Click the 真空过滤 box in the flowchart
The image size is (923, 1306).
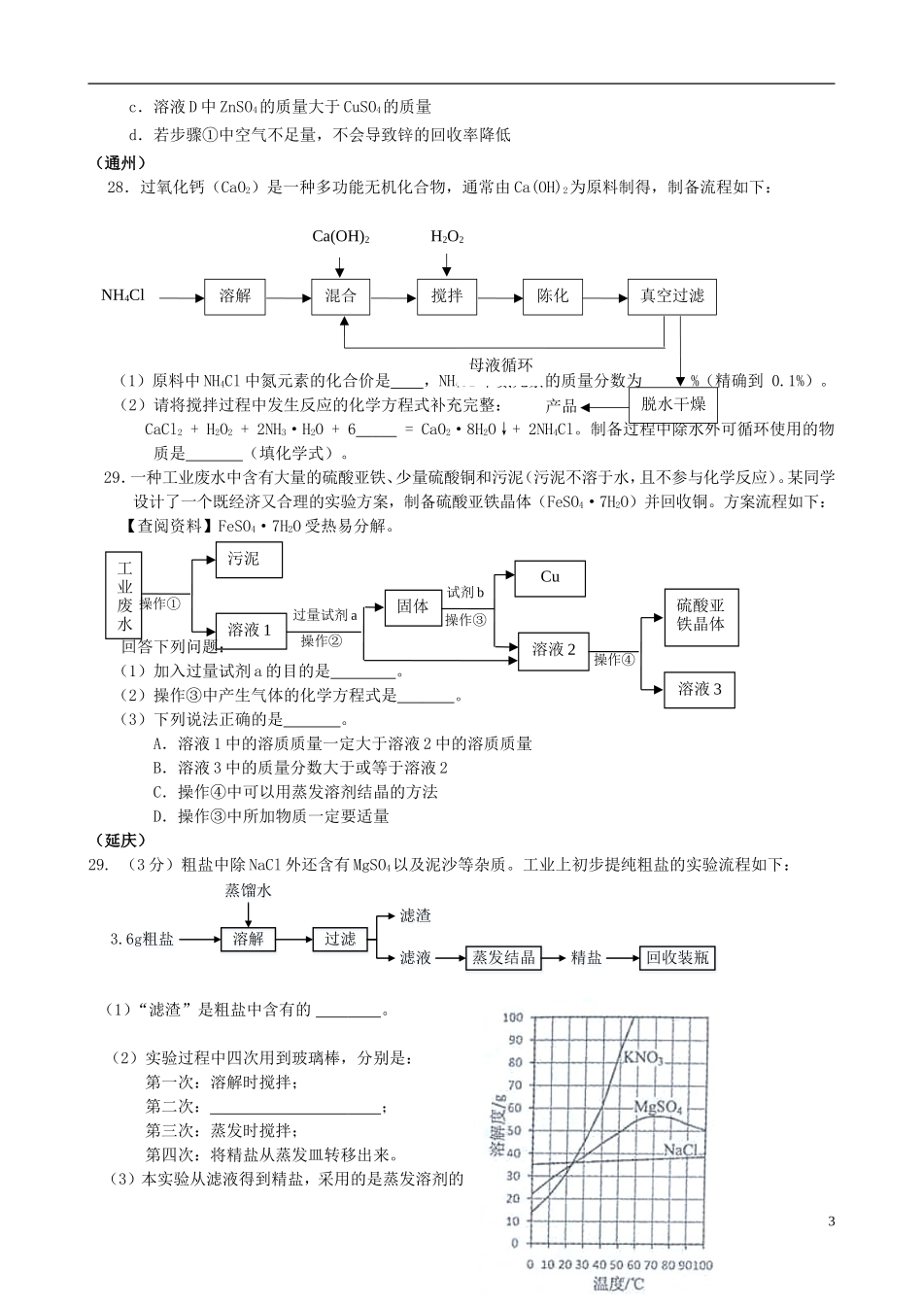click(x=671, y=296)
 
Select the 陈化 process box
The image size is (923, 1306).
click(x=553, y=296)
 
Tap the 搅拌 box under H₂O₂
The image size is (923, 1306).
click(x=447, y=296)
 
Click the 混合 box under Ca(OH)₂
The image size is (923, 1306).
click(x=341, y=296)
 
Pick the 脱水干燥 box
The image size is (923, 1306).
click(x=673, y=403)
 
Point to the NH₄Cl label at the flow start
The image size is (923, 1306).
click(x=123, y=295)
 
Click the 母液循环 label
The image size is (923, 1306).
click(x=501, y=365)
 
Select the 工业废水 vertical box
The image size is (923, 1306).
click(x=124, y=596)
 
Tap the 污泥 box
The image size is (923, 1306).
click(x=250, y=560)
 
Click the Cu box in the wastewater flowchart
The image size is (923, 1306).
click(x=550, y=577)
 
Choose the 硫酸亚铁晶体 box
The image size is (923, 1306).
click(x=701, y=615)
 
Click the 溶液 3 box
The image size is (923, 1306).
click(x=700, y=690)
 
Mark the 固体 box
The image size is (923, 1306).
click(x=413, y=606)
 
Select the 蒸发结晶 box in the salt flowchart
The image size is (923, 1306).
click(x=503, y=958)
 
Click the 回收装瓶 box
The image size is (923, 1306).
click(x=678, y=958)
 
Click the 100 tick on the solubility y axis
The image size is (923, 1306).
click(x=512, y=1017)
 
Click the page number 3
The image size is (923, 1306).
click(x=831, y=1221)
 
